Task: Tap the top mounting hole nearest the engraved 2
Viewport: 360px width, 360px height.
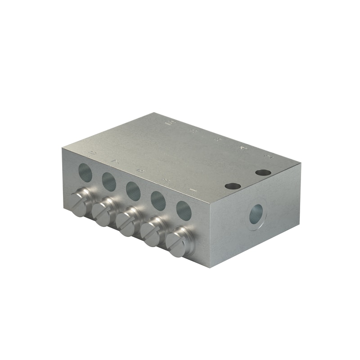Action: (263, 172)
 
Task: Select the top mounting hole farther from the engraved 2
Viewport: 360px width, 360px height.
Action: (233, 186)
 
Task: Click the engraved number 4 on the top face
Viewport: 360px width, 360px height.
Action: (244, 147)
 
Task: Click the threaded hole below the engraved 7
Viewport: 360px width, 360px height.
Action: (109, 181)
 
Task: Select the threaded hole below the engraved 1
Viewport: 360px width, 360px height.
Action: (184, 211)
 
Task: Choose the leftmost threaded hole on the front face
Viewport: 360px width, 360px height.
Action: (85, 172)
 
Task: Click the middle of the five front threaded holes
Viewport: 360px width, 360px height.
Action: (133, 190)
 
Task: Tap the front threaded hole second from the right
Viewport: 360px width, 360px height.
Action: (158, 201)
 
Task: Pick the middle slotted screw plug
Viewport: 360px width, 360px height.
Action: (127, 223)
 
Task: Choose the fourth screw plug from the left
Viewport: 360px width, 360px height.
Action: (152, 233)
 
